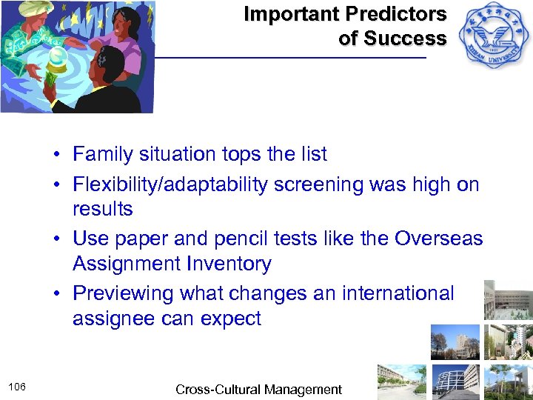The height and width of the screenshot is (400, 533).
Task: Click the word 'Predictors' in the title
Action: coord(400,14)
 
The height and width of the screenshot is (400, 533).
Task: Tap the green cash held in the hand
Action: coord(53,79)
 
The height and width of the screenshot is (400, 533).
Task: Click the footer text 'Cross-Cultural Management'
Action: coord(258,390)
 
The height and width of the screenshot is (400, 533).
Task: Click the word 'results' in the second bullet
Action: coord(103,210)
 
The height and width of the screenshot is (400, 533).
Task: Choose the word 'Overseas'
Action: coord(438,239)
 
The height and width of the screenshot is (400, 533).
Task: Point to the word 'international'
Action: coord(398,293)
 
